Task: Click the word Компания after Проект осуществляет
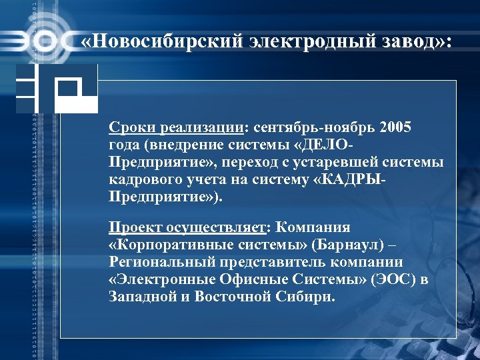[312, 227]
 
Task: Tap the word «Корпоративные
[159, 245]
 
